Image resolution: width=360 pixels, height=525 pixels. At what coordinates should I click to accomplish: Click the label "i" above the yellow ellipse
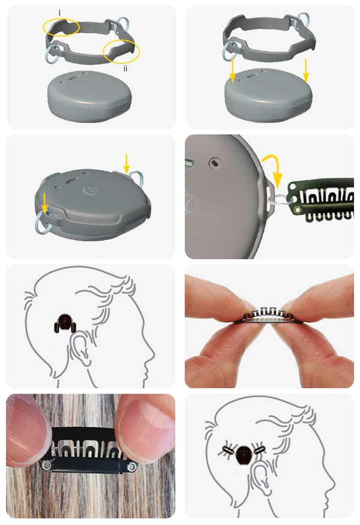pyautogui.click(x=59, y=13)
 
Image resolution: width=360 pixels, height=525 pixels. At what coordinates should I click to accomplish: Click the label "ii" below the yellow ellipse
pyautogui.click(x=125, y=68)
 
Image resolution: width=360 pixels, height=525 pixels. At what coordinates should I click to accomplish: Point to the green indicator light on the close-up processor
pyautogui.click(x=188, y=164)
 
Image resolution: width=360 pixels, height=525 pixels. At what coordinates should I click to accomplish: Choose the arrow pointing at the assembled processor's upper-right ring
pyautogui.click(x=126, y=164)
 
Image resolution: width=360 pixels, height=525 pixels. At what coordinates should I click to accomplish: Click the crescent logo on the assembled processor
pyautogui.click(x=91, y=190)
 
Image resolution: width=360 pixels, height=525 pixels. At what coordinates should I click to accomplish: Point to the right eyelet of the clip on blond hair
pyautogui.click(x=132, y=466)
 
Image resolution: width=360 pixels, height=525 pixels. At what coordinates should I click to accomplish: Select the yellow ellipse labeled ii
pyautogui.click(x=121, y=52)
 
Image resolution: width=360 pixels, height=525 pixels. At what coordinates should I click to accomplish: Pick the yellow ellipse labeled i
pyautogui.click(x=61, y=27)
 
